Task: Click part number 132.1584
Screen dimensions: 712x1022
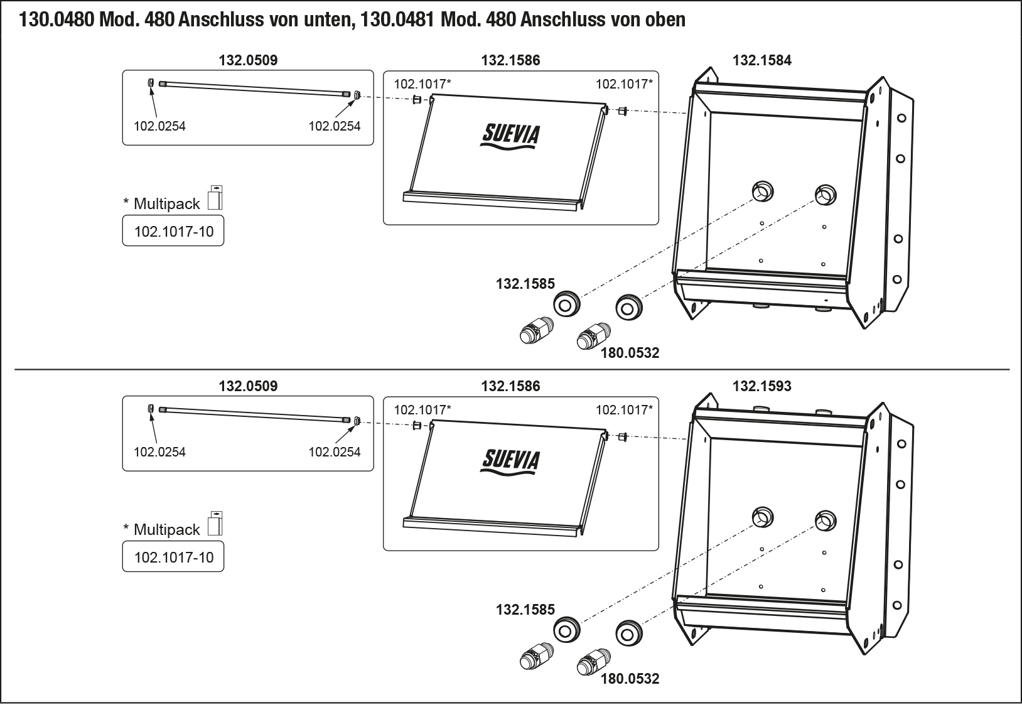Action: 761,60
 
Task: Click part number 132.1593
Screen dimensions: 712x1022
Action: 761,386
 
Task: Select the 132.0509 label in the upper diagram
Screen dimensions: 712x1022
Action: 248,60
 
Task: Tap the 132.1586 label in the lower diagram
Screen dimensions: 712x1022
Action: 510,386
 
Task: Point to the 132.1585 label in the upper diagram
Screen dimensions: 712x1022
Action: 525,284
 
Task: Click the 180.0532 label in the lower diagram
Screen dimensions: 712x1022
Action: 630,679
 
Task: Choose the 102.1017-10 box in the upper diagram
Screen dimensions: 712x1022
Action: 173,232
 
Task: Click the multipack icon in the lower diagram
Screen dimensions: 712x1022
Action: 215,524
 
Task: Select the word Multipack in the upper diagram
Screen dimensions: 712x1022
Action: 166,204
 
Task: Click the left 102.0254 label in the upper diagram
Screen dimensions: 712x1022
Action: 159,126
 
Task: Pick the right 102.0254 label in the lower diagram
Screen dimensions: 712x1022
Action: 335,452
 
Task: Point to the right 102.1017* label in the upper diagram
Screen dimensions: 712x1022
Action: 624,84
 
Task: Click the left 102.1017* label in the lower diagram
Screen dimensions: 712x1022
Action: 422,410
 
